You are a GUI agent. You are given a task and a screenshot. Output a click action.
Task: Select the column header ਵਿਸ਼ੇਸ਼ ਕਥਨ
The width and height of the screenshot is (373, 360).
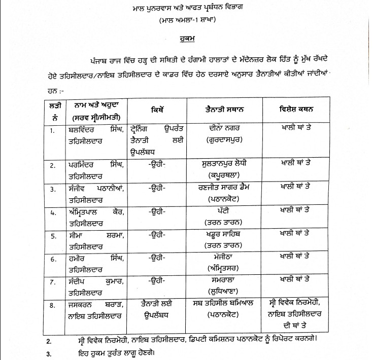point(298,110)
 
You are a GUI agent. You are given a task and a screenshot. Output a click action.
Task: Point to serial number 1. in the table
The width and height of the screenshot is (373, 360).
point(51,131)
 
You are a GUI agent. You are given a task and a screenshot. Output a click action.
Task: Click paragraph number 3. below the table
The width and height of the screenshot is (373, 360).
point(48,353)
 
